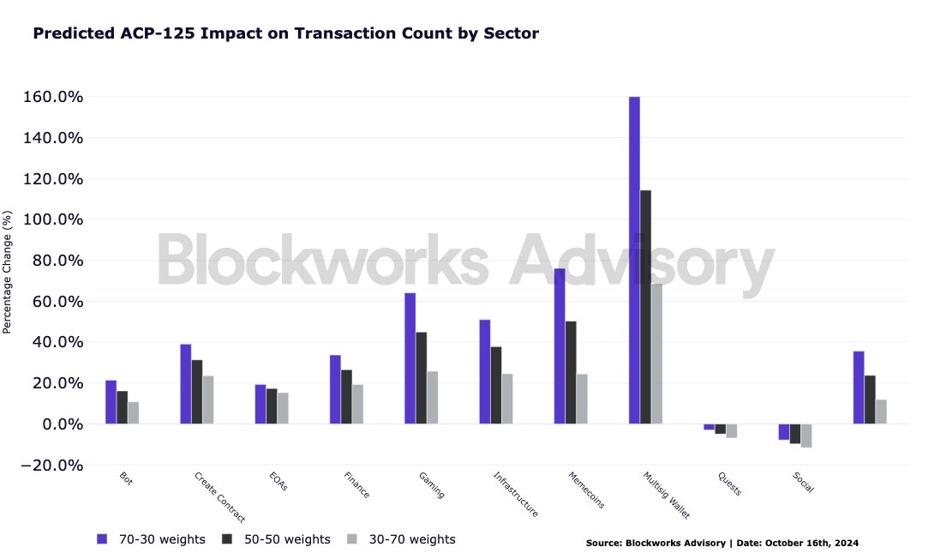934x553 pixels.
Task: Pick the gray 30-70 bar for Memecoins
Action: pyautogui.click(x=582, y=399)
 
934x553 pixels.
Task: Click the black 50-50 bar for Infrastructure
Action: pyautogui.click(x=496, y=385)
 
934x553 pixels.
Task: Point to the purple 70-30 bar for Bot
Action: pyautogui.click(x=111, y=402)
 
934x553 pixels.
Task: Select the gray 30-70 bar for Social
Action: pyautogui.click(x=805, y=436)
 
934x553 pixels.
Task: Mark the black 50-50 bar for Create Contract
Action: pyautogui.click(x=197, y=392)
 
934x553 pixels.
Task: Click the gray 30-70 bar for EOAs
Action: pyautogui.click(x=283, y=408)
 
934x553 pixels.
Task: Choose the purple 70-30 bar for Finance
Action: pyautogui.click(x=335, y=389)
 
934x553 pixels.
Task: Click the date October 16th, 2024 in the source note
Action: pyautogui.click(x=811, y=543)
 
